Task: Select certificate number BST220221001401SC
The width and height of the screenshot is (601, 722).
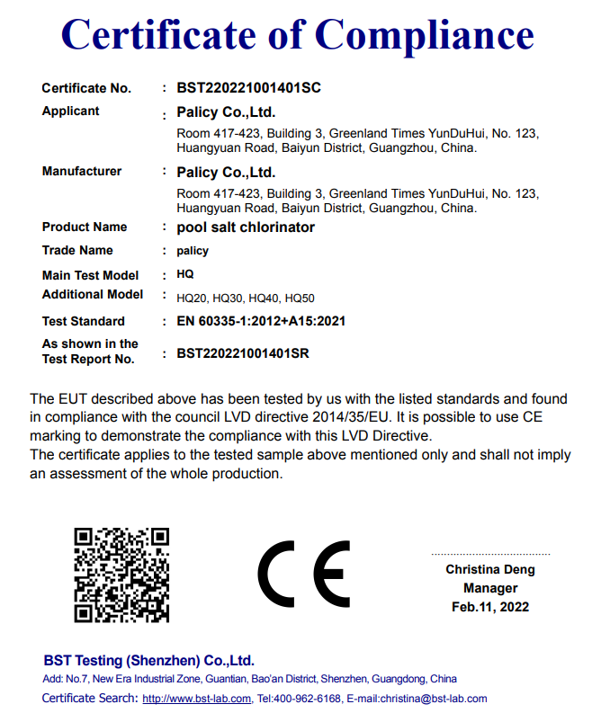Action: (x=249, y=88)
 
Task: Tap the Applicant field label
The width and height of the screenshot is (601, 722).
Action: (x=71, y=111)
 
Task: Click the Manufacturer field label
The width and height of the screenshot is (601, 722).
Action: (x=82, y=171)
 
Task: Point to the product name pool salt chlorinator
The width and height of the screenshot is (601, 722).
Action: (x=246, y=227)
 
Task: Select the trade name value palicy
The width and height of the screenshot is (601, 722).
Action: (x=193, y=251)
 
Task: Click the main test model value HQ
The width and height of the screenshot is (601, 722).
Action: (x=185, y=274)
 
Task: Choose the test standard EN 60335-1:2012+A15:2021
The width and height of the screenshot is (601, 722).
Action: (x=262, y=321)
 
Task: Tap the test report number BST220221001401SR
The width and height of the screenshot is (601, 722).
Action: (x=243, y=353)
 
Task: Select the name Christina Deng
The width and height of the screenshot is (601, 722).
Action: (x=490, y=569)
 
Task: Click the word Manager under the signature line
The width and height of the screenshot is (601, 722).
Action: (x=490, y=588)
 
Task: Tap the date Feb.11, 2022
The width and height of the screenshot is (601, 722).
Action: (x=490, y=607)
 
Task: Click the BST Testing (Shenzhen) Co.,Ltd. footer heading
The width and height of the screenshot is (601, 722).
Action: (x=149, y=660)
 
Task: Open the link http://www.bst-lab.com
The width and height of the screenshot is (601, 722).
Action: (x=197, y=699)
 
